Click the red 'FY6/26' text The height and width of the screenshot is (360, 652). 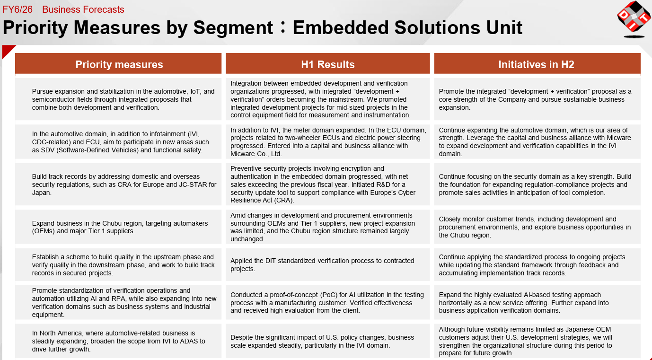(x=18, y=9)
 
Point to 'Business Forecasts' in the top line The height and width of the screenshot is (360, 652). (x=83, y=9)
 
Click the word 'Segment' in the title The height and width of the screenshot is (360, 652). (x=233, y=28)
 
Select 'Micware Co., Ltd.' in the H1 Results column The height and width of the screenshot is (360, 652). (x=256, y=154)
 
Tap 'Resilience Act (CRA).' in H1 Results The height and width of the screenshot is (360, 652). (x=262, y=200)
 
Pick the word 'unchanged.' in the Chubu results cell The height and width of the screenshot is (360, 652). (x=247, y=239)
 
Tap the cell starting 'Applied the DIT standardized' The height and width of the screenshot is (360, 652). (x=328, y=264)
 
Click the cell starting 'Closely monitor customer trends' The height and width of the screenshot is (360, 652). (x=537, y=227)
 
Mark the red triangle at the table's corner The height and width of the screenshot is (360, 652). (x=7, y=50)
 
